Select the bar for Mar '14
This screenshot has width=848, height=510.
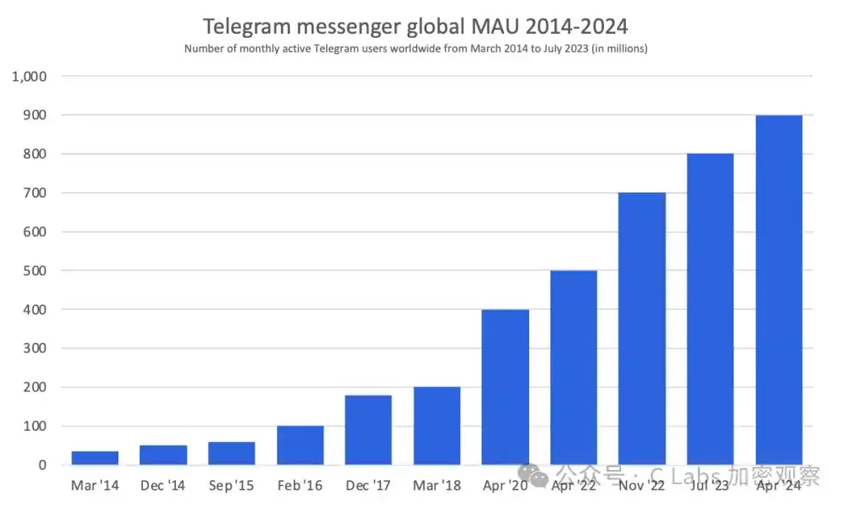94,458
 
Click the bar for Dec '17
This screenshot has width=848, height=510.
368,430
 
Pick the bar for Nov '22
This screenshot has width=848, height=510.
642,329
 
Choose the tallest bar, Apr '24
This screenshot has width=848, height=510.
779,290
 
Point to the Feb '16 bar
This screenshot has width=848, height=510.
300,446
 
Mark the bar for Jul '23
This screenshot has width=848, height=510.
711,309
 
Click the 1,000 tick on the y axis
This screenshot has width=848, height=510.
30,77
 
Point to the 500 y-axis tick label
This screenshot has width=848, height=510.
35,271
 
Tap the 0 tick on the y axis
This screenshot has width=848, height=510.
42,465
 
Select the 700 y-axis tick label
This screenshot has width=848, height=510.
35,193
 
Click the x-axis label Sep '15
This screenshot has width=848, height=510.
232,486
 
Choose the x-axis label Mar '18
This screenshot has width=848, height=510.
437,486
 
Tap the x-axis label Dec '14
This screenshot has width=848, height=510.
163,486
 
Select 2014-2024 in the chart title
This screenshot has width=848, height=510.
578,27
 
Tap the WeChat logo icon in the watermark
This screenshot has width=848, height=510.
539,475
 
